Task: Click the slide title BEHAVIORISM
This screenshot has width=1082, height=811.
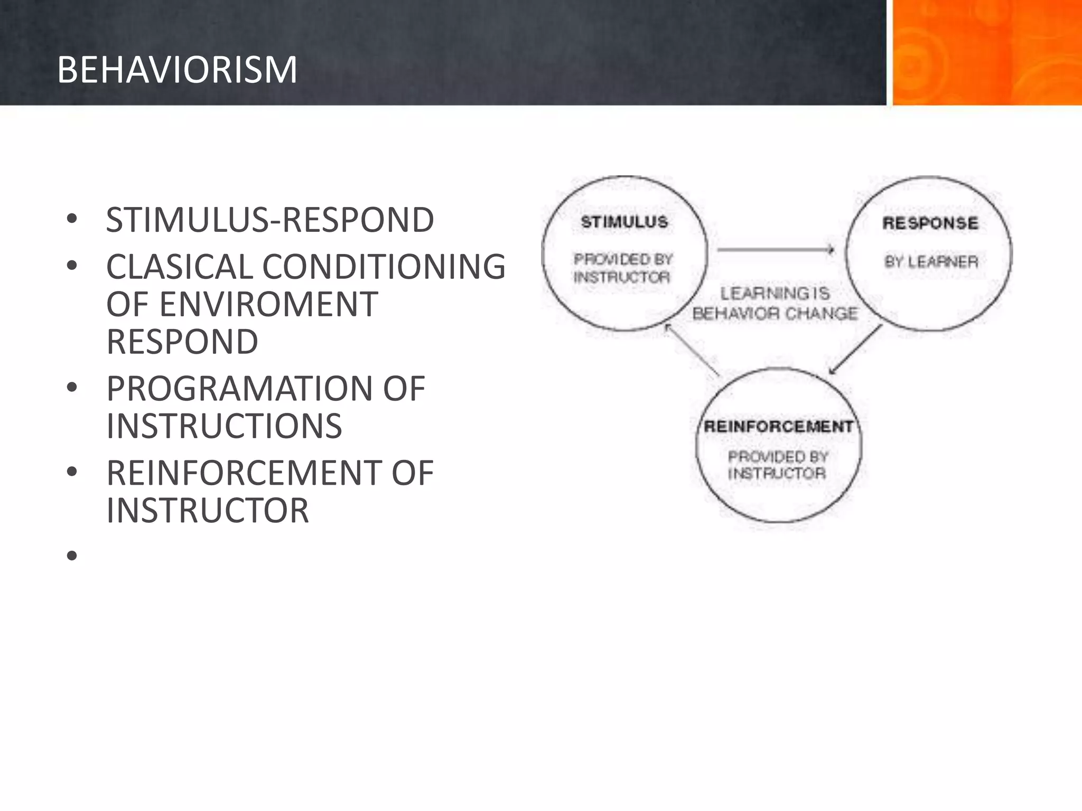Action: point(177,70)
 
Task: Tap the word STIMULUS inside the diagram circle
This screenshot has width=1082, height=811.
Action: point(624,222)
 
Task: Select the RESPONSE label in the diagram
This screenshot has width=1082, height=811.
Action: point(930,223)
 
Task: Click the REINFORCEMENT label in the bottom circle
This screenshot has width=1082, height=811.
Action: point(778,427)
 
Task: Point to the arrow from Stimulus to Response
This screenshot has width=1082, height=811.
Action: point(776,250)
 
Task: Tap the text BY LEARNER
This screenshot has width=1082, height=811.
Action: point(931,262)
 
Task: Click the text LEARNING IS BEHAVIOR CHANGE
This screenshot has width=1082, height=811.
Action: point(775,304)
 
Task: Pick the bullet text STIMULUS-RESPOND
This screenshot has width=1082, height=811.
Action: point(270,220)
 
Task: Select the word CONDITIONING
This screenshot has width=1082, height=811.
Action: point(384,267)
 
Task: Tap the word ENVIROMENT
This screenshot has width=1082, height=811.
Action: point(268,305)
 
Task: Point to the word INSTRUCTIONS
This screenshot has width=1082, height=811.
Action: point(224,426)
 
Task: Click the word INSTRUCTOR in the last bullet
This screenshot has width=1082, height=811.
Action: point(208,511)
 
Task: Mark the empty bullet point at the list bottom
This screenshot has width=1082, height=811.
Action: point(72,556)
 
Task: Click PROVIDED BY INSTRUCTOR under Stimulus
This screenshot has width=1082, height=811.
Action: point(623,268)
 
